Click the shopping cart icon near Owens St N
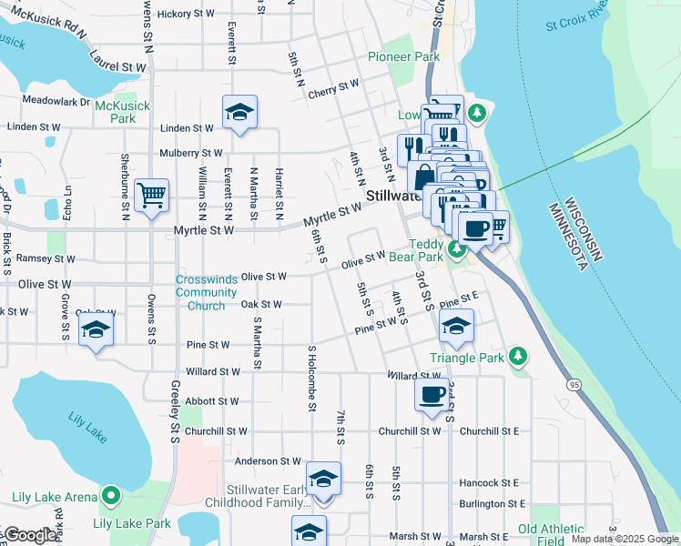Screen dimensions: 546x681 point(151,195)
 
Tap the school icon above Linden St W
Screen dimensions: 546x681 point(239,113)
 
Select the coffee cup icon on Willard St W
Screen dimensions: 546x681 point(432,395)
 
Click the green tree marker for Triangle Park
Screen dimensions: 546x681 point(518,357)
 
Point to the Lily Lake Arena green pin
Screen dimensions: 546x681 point(111,496)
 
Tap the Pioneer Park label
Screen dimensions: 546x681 point(403,56)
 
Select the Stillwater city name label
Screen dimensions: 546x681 point(392,196)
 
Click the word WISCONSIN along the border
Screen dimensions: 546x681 point(582,228)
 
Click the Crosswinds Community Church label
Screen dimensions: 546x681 point(207,291)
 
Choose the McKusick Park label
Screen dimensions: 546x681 point(116,112)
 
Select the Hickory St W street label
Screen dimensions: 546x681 point(186,14)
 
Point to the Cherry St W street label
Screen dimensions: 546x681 point(333,87)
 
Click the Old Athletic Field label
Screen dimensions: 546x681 point(552,534)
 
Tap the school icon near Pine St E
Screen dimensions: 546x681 point(456,326)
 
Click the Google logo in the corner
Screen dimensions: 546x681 point(29,536)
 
